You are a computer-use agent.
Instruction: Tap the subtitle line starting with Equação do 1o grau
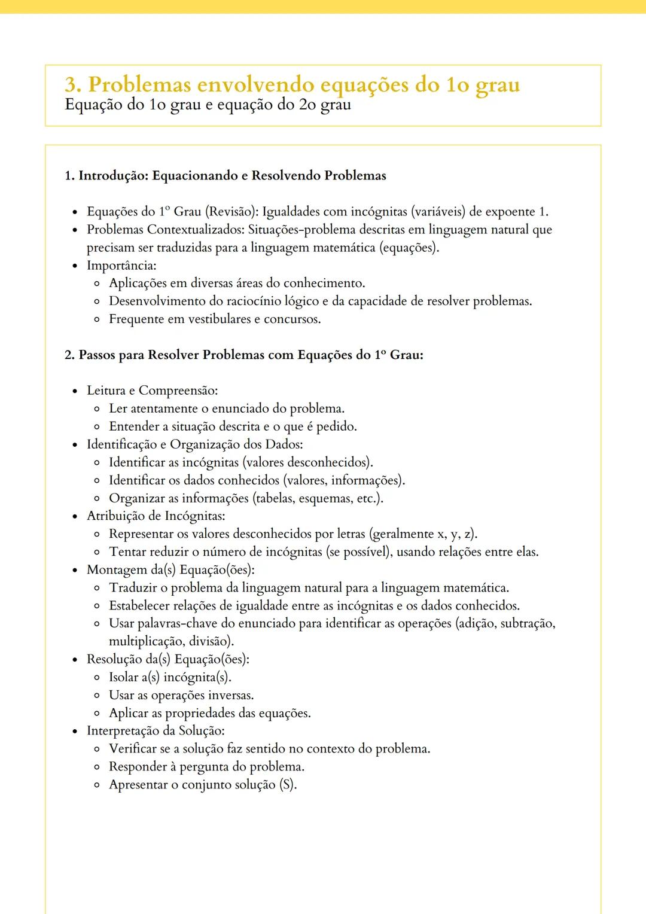[208, 105]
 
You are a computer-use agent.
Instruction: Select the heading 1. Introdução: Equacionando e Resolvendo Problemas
[226, 176]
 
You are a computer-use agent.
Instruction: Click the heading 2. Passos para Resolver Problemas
[244, 355]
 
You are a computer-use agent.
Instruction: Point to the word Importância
[121, 265]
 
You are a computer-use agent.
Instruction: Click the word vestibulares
[220, 319]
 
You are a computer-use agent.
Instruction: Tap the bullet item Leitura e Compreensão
[152, 391]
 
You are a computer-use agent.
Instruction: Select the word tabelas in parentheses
[275, 498]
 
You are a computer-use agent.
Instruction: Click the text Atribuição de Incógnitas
[156, 516]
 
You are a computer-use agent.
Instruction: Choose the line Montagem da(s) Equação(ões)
[170, 569]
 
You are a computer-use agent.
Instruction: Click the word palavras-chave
[177, 623]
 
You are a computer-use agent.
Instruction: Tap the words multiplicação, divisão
[170, 641]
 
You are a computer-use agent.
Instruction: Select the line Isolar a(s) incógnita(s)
[170, 677]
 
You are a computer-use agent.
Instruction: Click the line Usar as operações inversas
[181, 695]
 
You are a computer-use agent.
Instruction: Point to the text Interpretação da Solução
[156, 731]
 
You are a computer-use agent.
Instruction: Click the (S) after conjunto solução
[288, 785]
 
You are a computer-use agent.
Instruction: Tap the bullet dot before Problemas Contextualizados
[75, 230]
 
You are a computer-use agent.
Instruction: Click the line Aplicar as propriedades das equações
[209, 713]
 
